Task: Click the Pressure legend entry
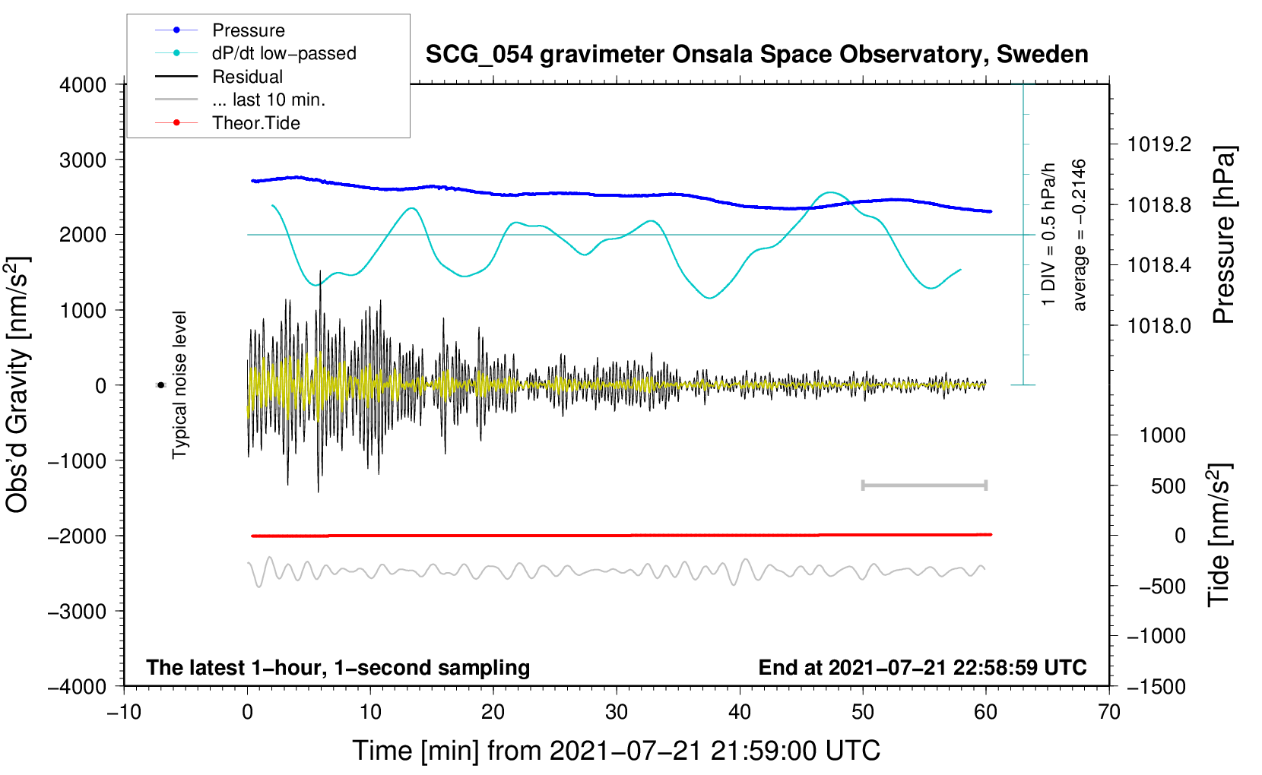coord(220,30)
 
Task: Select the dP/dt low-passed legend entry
coord(255,53)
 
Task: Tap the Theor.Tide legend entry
coord(227,123)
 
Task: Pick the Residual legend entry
coord(219,77)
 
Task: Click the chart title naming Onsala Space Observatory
coord(756,55)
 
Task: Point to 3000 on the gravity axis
coord(83,160)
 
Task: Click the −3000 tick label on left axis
coord(78,612)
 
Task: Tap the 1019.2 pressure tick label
coord(1159,145)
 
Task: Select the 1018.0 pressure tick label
coord(1159,325)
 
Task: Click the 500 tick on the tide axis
coord(1168,486)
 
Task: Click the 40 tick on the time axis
coord(739,713)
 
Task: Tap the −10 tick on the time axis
coord(124,713)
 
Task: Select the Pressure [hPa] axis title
coord(1223,235)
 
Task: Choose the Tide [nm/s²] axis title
coord(1219,535)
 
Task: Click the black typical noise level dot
coord(160,385)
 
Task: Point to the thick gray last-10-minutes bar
coord(924,485)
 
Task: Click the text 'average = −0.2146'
coord(1078,235)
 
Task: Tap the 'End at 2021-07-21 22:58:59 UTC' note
coord(922,667)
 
